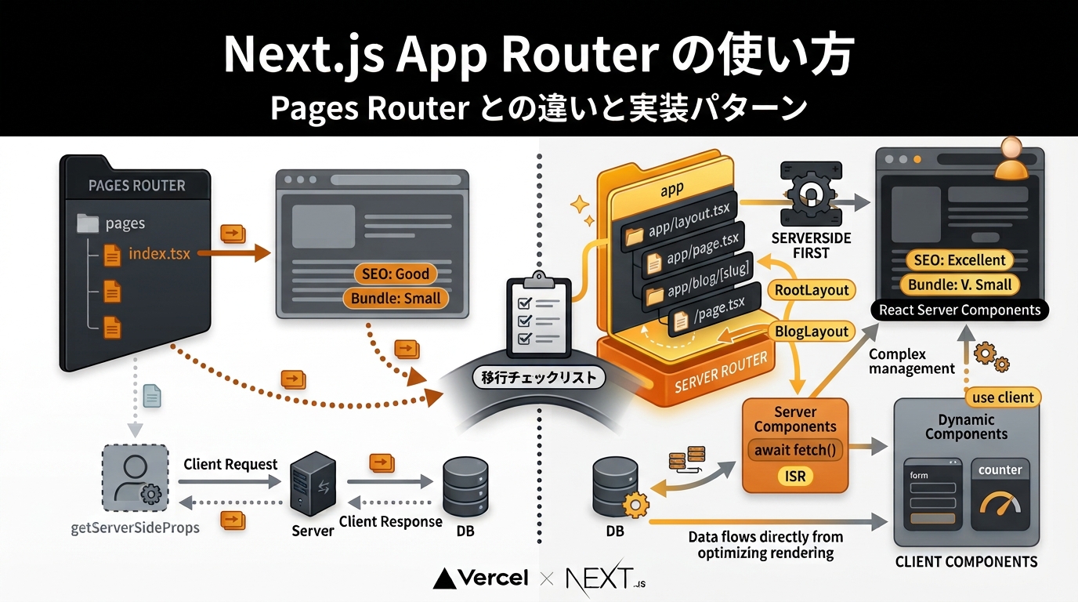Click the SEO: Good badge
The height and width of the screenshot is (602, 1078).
[x=396, y=274]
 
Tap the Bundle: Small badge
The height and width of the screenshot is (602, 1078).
[x=396, y=299]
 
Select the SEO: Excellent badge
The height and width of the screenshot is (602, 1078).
[x=960, y=260]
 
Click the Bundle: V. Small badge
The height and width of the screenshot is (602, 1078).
[x=960, y=285]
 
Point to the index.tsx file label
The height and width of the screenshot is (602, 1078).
[x=159, y=253]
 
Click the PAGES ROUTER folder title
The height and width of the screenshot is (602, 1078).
[x=136, y=186]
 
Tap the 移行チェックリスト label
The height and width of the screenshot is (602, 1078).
[x=538, y=377]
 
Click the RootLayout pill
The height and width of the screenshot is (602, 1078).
[x=812, y=290]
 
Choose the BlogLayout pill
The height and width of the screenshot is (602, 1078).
[x=812, y=332]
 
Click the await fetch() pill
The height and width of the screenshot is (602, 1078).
[x=795, y=450]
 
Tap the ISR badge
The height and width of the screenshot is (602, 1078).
[x=795, y=477]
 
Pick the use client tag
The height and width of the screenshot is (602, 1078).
[x=1003, y=397]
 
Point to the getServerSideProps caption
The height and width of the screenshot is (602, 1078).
[x=136, y=528]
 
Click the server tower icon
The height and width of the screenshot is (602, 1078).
[x=313, y=484]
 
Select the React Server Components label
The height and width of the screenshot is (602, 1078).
[x=960, y=310]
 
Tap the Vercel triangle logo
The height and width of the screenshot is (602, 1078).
[x=444, y=579]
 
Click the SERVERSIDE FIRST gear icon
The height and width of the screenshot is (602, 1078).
[x=812, y=194]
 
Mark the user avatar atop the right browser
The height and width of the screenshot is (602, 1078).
[x=1011, y=158]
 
